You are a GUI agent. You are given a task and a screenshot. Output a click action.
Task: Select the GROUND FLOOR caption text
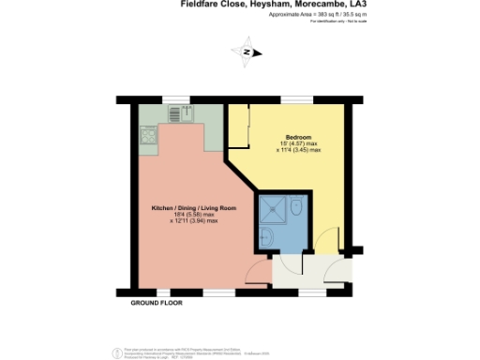[157, 304]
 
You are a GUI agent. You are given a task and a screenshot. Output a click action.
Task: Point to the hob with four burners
[147, 136]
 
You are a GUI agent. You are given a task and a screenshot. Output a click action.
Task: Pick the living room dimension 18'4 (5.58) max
[194, 215]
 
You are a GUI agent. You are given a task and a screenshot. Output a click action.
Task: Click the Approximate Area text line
[304, 16]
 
